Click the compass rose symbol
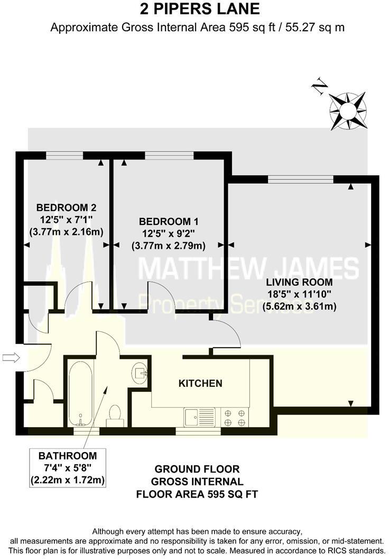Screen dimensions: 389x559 coord(348,111)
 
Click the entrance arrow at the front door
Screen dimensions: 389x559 coord(11,357)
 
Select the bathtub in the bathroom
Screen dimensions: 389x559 coord(81,393)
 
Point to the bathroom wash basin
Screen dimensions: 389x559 coord(140,374)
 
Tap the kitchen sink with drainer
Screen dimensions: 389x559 coord(199,417)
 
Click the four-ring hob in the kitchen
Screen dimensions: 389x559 coord(235,418)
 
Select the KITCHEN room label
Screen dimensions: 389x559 coord(200,383)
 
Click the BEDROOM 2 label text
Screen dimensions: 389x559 coord(66,208)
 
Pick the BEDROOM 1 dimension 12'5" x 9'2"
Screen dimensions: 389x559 coord(169,233)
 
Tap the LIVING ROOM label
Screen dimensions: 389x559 coord(299,282)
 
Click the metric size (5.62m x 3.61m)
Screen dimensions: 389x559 coord(299,306)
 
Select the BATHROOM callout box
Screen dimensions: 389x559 coord(68,468)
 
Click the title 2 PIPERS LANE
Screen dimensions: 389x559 coord(200,9)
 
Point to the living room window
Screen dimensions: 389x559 coord(301,179)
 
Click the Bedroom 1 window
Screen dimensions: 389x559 coord(170,156)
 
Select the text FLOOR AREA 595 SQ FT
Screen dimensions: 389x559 coord(197,494)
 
